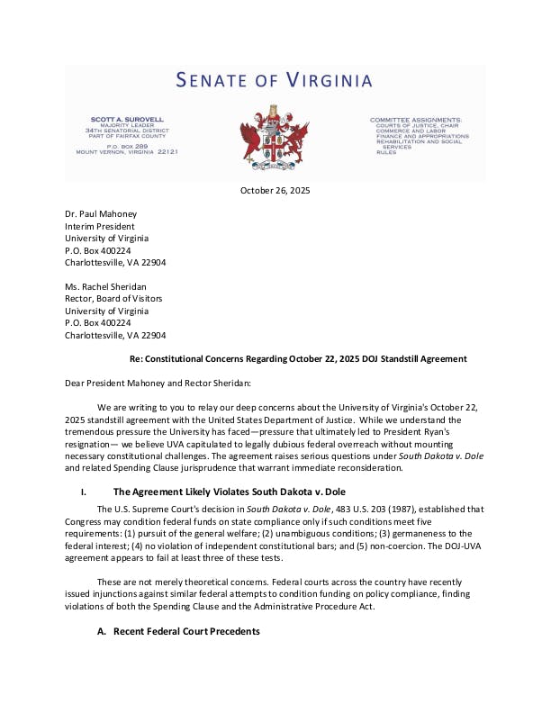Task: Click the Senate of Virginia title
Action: tap(274, 81)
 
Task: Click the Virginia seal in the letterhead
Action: tap(275, 137)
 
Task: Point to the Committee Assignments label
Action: tap(416, 119)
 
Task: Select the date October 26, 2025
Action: tap(275, 190)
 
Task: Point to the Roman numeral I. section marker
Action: tap(84, 492)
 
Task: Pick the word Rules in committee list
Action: tap(386, 152)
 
